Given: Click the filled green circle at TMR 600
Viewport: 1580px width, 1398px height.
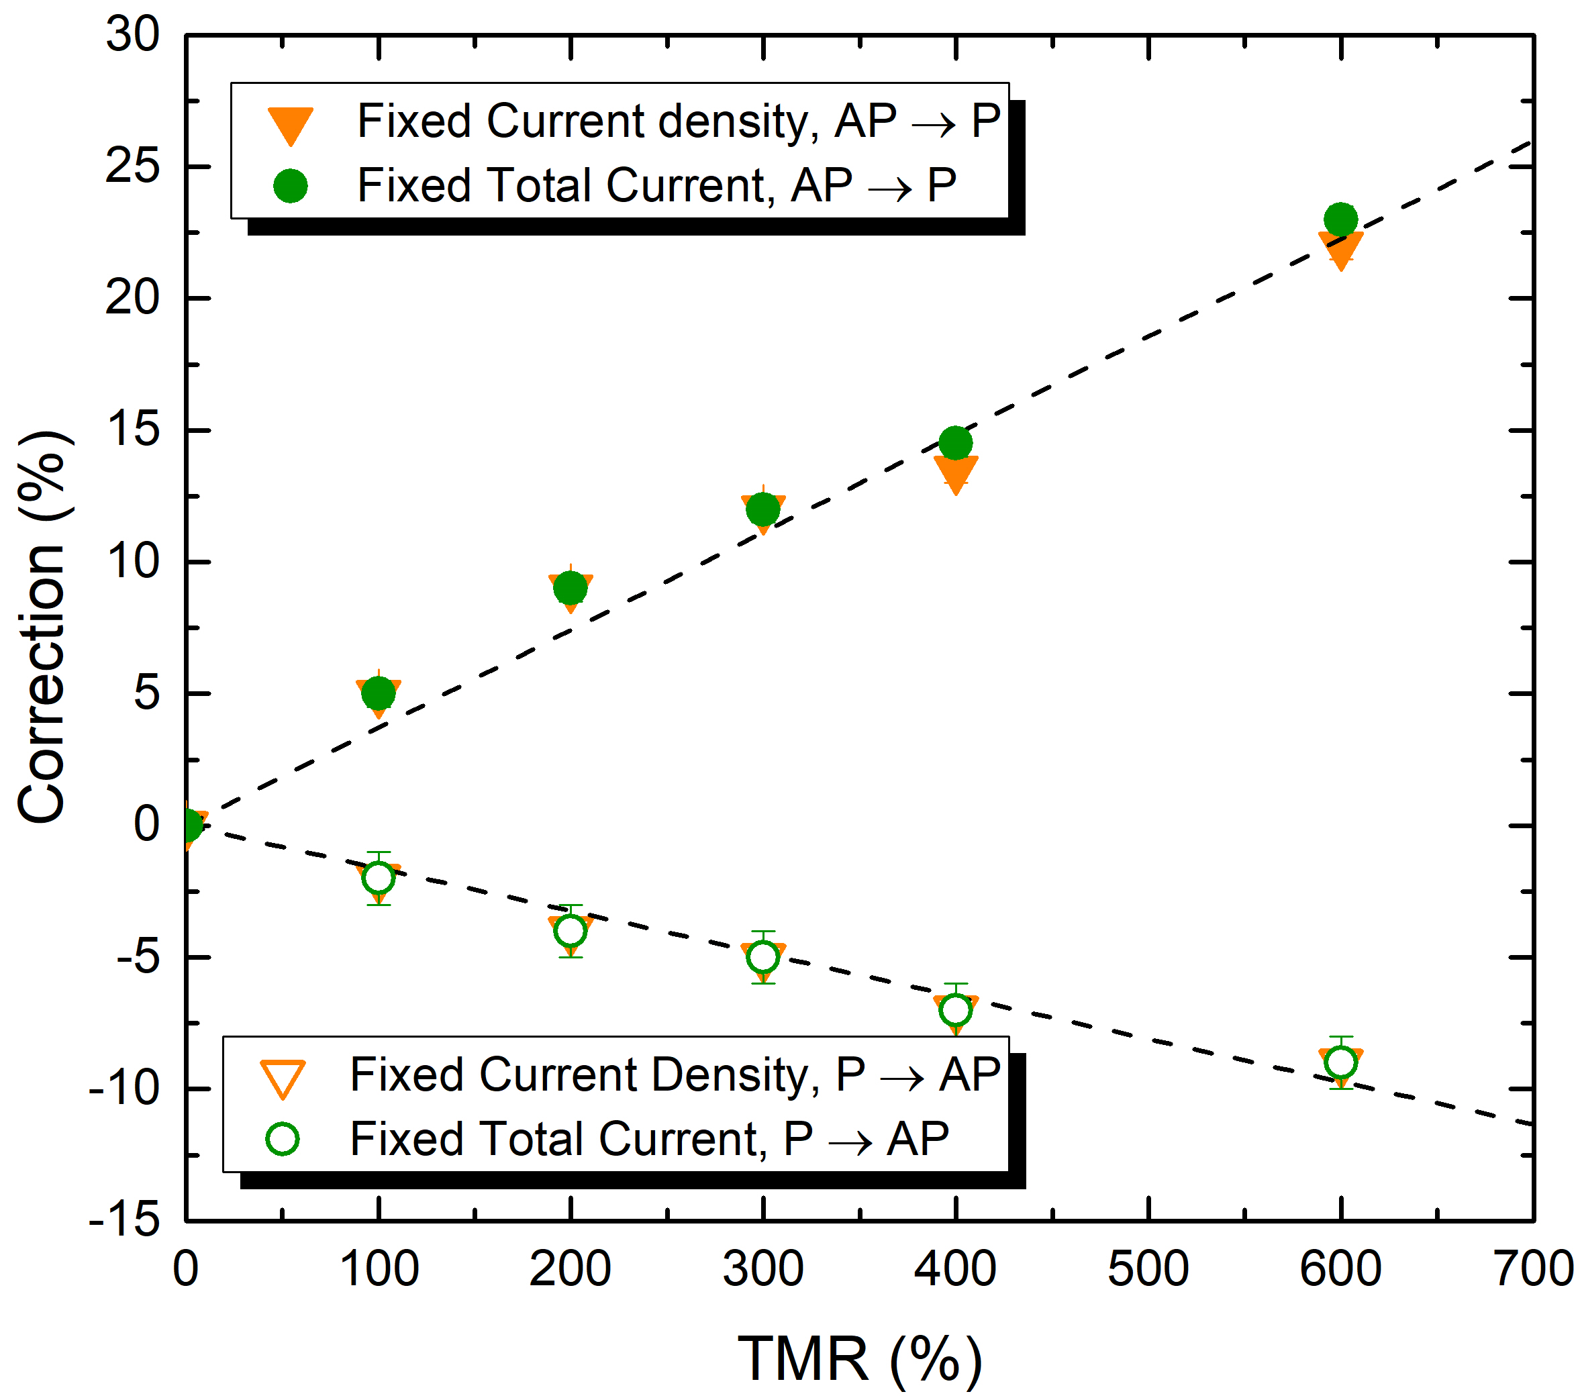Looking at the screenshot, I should click(x=1340, y=219).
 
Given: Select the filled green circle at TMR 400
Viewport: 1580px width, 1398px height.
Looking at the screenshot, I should click(x=955, y=443).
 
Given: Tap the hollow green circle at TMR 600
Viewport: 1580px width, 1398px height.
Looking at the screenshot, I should click(x=1340, y=1062).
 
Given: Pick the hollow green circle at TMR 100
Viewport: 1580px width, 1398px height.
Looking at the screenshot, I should click(x=378, y=878).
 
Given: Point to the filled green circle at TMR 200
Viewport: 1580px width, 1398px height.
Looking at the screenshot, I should click(x=571, y=588).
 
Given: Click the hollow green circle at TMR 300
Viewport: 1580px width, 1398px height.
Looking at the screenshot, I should click(x=763, y=958).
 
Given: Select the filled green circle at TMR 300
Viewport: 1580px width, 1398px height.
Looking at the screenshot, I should click(x=763, y=509).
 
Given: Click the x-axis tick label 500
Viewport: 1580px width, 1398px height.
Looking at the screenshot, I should click(x=1148, y=1269).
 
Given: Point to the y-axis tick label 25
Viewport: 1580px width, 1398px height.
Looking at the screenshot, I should click(x=132, y=166).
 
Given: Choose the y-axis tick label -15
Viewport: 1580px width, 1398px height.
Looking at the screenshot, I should click(x=124, y=1220).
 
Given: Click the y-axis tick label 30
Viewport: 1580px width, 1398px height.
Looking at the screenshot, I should click(x=132, y=35).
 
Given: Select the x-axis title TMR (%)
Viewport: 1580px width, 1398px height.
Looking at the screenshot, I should click(x=860, y=1358).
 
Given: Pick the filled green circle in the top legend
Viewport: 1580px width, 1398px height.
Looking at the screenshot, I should click(x=290, y=187).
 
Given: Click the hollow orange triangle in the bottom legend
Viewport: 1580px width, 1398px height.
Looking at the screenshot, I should click(x=283, y=1078).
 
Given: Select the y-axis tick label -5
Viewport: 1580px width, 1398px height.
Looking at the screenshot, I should click(x=138, y=958).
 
